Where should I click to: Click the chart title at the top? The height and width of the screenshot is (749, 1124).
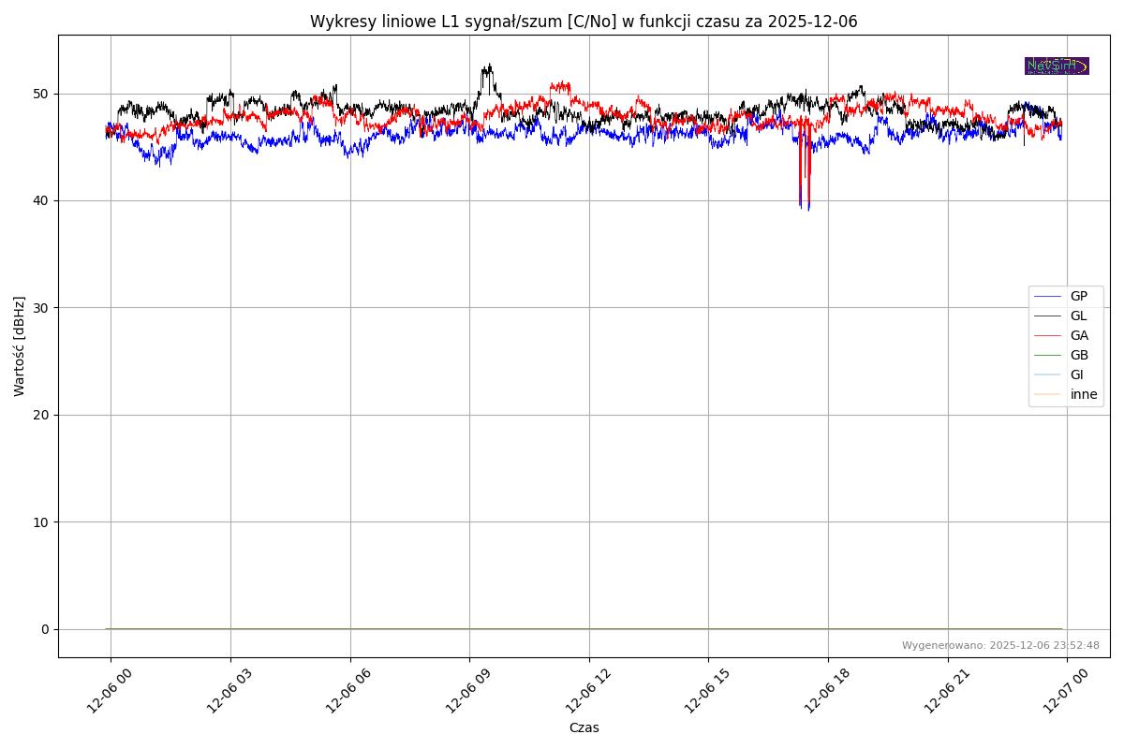point(584,22)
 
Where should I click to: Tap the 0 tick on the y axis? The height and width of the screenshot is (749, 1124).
point(44,629)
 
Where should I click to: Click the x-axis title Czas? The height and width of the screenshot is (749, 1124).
point(584,727)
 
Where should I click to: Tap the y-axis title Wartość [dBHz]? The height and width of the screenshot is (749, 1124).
point(20,345)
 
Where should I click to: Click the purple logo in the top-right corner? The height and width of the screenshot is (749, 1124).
point(1057,66)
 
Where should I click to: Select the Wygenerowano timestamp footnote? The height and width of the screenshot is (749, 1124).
point(1000,645)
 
